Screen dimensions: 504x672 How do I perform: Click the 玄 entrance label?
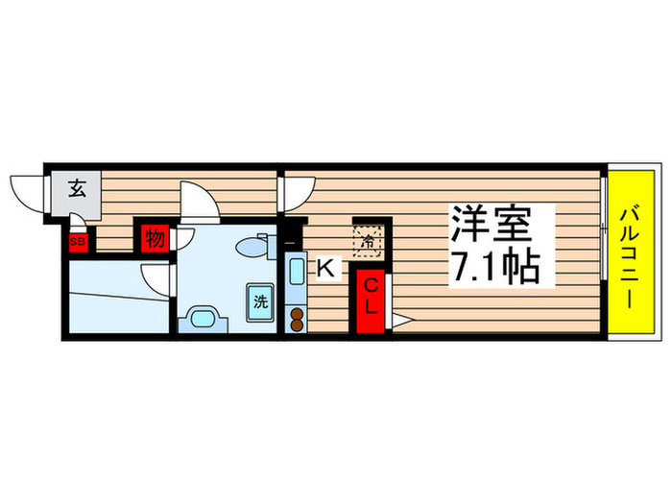(76, 188)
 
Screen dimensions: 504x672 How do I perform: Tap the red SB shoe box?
(77, 241)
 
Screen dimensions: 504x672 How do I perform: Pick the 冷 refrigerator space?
(367, 240)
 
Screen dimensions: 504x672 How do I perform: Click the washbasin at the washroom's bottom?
(204, 317)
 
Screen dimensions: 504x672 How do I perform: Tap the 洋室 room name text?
(492, 227)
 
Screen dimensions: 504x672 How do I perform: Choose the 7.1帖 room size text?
(492, 266)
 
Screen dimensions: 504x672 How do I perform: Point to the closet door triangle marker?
(400, 322)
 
